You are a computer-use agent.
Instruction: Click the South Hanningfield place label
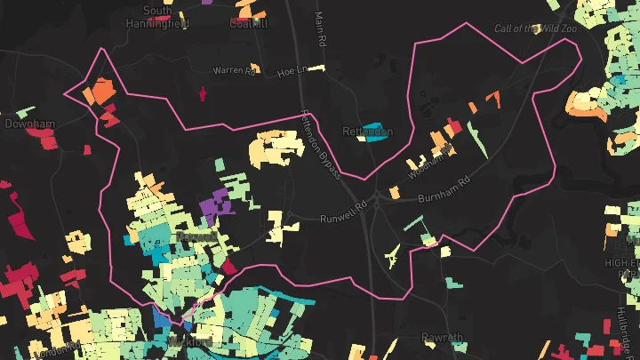click(158, 16)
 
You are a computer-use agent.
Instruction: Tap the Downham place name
click(30, 124)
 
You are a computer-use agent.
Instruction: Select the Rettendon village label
click(368, 132)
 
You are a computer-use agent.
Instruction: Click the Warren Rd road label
click(234, 70)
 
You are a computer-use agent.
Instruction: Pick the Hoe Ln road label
click(291, 69)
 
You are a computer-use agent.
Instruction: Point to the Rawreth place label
click(443, 338)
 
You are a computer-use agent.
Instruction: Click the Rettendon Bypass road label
click(322, 142)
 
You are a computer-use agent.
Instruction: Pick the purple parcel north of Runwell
click(213, 205)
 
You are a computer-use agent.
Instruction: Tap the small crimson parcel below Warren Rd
click(203, 92)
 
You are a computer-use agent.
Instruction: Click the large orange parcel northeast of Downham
click(100, 91)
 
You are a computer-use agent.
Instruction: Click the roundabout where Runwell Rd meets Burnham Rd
click(378, 203)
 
